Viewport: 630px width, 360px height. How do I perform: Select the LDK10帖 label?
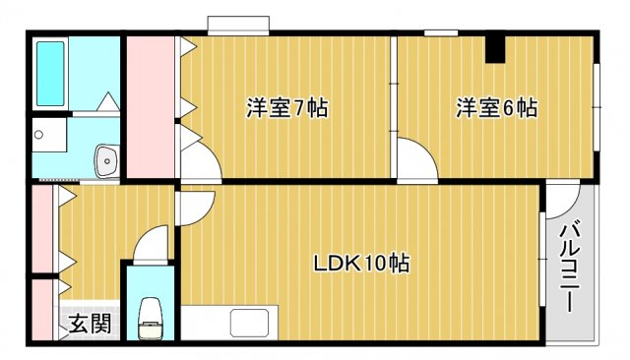click(361, 264)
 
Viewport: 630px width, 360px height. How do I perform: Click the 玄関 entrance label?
click(89, 323)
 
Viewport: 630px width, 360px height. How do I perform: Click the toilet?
click(151, 317)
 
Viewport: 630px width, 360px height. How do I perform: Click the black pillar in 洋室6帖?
click(496, 48)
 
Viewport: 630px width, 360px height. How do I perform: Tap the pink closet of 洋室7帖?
click(149, 108)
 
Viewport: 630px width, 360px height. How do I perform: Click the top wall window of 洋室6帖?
click(440, 33)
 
